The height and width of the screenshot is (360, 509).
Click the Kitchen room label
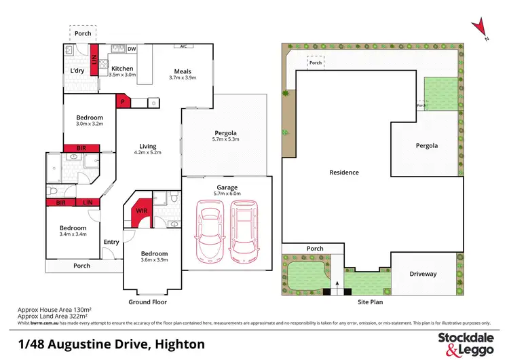point(123,68)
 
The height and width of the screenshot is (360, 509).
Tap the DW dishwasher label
point(132,49)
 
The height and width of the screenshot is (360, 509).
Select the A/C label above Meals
point(183,47)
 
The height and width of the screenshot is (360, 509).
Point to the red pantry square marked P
point(123,101)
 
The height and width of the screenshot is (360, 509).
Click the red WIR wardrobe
point(143,211)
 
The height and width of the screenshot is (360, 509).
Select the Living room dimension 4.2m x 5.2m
point(148,154)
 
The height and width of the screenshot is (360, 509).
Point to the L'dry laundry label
point(76,71)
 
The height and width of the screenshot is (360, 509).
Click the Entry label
point(111,242)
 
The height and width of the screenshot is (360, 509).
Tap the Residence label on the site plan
point(344,173)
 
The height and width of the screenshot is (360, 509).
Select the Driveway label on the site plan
point(423,274)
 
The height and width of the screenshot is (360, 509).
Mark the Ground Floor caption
point(148,302)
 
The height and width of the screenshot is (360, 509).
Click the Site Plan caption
point(371,302)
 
